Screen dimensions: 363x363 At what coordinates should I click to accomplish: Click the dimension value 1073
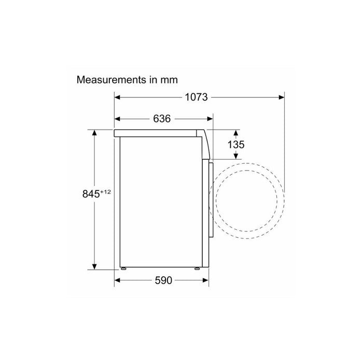(x=196, y=97)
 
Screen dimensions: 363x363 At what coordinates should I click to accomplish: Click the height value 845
(x=91, y=194)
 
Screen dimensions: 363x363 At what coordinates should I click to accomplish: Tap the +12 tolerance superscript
(x=106, y=192)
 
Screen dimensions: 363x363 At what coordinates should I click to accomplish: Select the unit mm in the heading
(x=168, y=80)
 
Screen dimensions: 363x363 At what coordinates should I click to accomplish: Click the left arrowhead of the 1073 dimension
(x=118, y=97)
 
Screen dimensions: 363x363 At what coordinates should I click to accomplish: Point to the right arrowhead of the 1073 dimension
(x=281, y=97)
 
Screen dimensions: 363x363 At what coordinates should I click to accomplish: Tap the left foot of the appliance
(x=124, y=269)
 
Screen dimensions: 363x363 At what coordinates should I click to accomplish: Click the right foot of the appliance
(x=197, y=269)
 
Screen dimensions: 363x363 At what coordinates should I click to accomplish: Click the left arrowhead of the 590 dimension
(x=118, y=281)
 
